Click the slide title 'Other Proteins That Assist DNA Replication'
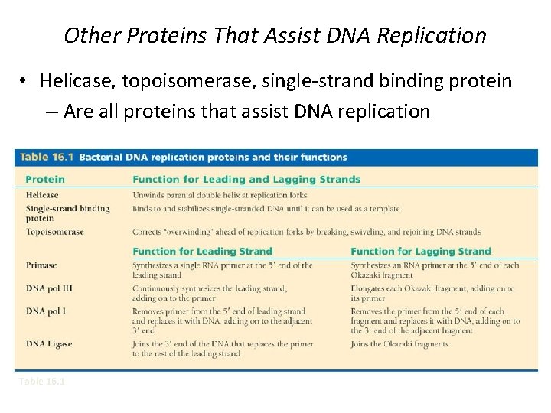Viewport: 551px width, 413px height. point(275,35)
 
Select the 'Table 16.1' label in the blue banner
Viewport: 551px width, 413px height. point(45,157)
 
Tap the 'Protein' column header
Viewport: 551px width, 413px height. point(45,180)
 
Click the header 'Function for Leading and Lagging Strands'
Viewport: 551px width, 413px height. point(246,180)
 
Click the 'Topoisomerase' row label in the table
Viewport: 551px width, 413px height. point(54,232)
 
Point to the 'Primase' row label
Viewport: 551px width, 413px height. point(41,265)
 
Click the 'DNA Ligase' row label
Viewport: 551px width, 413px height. point(49,344)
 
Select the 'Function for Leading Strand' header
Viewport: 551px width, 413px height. point(202,251)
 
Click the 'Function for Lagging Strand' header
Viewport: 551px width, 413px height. point(420,251)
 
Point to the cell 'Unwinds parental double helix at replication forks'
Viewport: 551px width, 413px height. point(220,195)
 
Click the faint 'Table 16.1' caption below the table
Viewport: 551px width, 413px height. point(42,381)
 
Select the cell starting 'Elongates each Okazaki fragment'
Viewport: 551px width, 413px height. point(432,293)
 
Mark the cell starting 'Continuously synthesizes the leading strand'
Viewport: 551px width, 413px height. point(210,293)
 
